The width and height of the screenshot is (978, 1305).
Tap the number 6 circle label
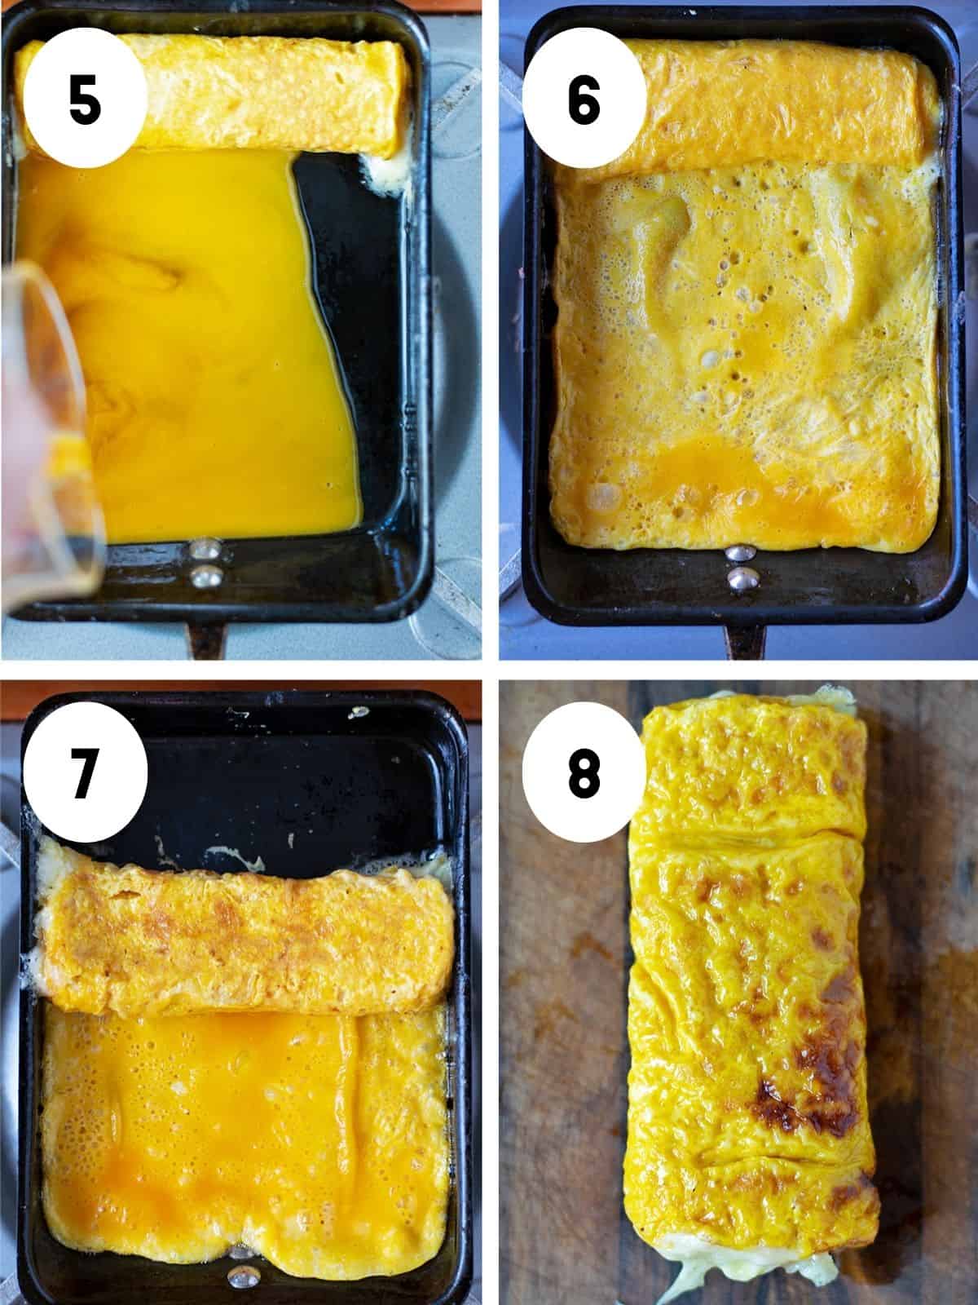584,101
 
